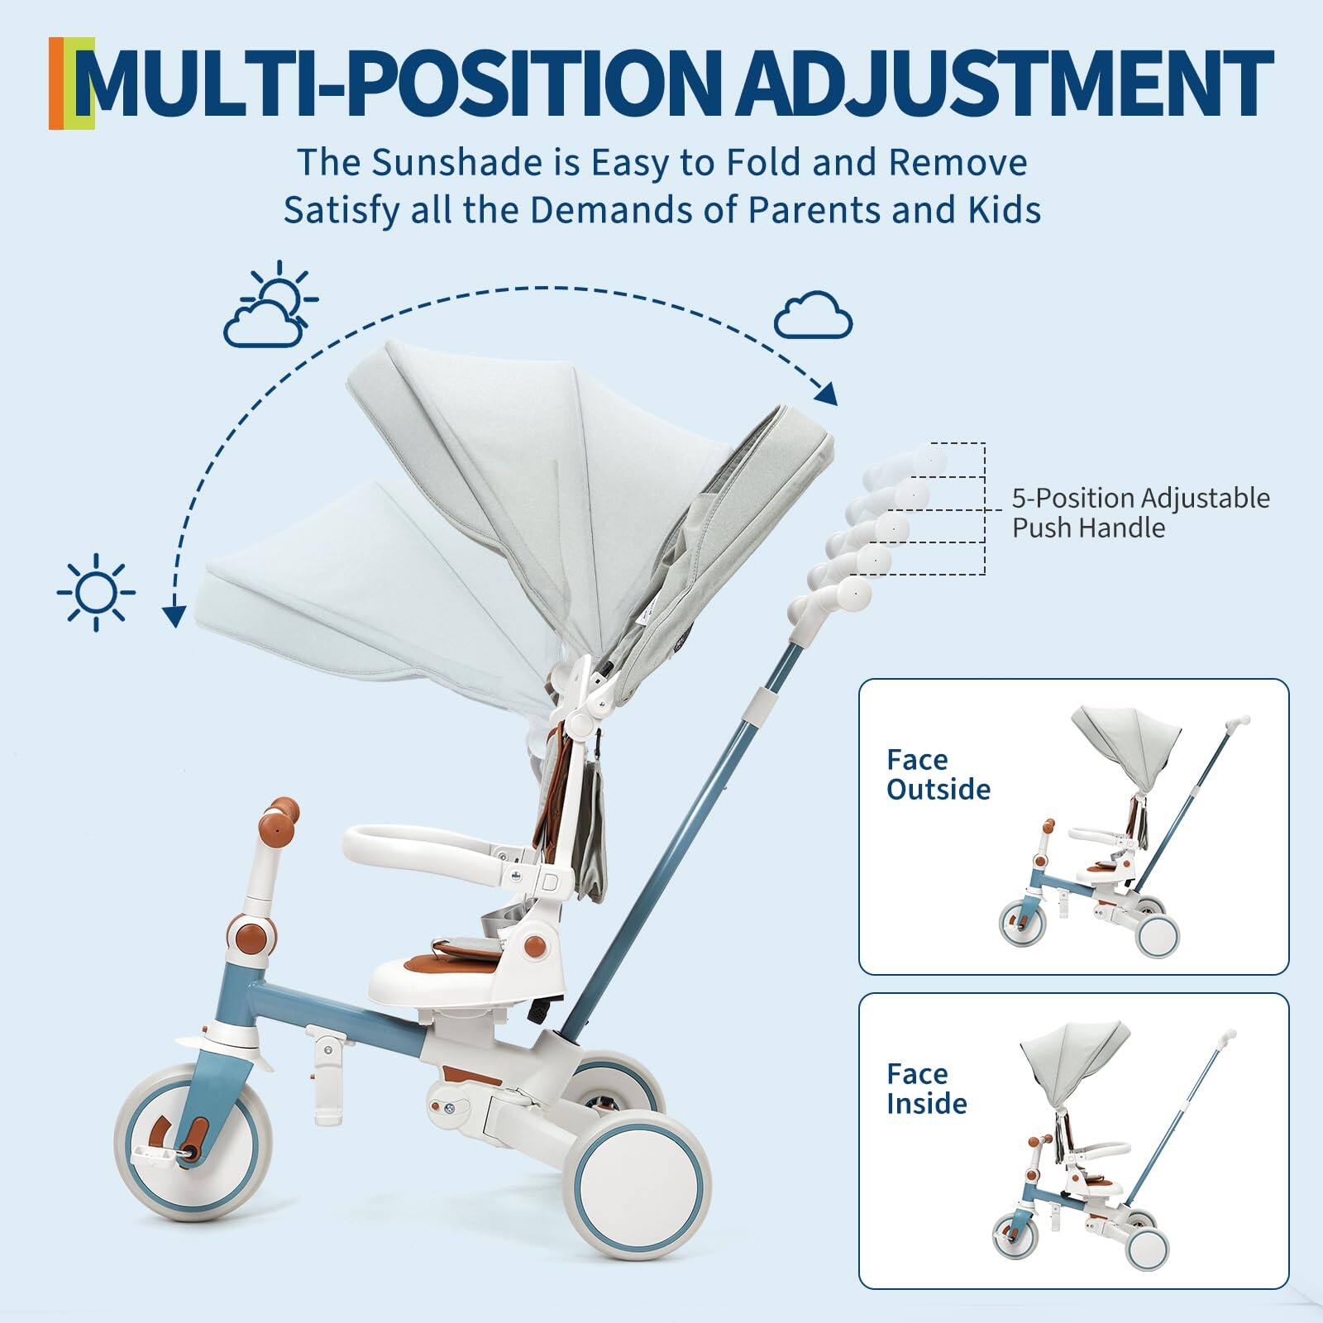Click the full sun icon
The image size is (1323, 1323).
point(97,592)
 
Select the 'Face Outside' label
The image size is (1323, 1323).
point(938,775)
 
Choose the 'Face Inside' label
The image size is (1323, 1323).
point(926,1088)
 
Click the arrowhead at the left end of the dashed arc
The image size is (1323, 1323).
point(173,616)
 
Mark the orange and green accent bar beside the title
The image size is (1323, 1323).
point(72,83)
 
